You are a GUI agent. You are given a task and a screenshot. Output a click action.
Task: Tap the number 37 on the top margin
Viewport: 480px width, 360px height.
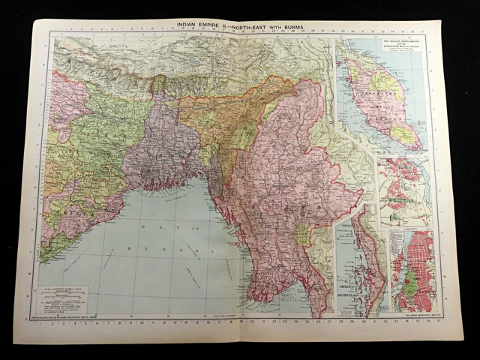(422, 31)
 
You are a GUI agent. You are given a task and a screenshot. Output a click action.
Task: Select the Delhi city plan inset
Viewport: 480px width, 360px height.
(404, 192)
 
